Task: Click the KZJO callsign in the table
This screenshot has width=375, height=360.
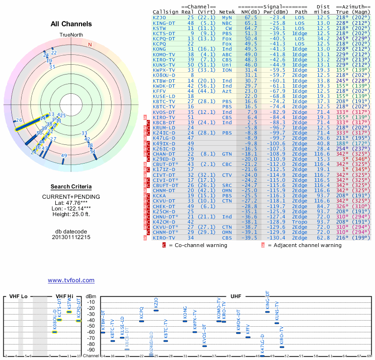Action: tap(159, 17)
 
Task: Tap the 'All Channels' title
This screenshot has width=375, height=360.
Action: tap(71, 24)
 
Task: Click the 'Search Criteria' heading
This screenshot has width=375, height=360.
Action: tap(71, 187)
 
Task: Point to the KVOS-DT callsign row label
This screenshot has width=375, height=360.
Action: tap(164, 112)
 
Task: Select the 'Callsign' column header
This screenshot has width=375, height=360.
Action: tap(166, 11)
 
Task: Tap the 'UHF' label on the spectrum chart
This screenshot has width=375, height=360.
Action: tap(235, 297)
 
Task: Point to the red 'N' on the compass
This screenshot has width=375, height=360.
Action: tap(90, 45)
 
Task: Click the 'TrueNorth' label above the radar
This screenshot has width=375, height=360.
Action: tap(71, 35)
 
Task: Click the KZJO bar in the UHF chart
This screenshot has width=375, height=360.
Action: tap(156, 310)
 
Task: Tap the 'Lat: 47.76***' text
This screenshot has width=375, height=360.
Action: tap(71, 202)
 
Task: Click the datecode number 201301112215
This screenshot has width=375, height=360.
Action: tap(71, 237)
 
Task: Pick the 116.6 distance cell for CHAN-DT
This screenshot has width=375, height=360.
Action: tap(322, 154)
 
